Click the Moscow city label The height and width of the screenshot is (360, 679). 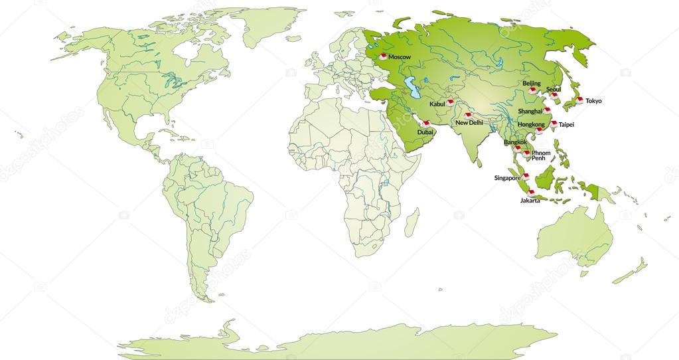(x=400, y=57)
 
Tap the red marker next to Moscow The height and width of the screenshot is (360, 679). (x=383, y=56)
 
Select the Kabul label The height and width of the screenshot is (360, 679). (x=438, y=104)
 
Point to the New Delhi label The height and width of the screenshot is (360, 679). (x=469, y=123)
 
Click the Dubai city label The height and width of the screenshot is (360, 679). (x=426, y=132)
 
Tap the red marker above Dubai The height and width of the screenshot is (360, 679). (x=425, y=124)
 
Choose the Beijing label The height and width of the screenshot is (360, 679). (x=532, y=83)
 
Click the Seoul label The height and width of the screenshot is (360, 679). (x=554, y=89)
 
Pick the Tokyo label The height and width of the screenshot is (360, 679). (x=593, y=101)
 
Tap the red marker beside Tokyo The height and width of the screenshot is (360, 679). (x=579, y=100)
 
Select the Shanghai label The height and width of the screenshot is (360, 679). (x=531, y=111)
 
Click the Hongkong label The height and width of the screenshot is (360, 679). (x=531, y=124)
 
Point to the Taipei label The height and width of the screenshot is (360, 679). (x=566, y=124)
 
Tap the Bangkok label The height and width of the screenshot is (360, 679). (x=516, y=141)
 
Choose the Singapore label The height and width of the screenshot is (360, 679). (x=508, y=178)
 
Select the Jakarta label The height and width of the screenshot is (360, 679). (x=530, y=201)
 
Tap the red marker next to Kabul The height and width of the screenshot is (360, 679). (x=450, y=102)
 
